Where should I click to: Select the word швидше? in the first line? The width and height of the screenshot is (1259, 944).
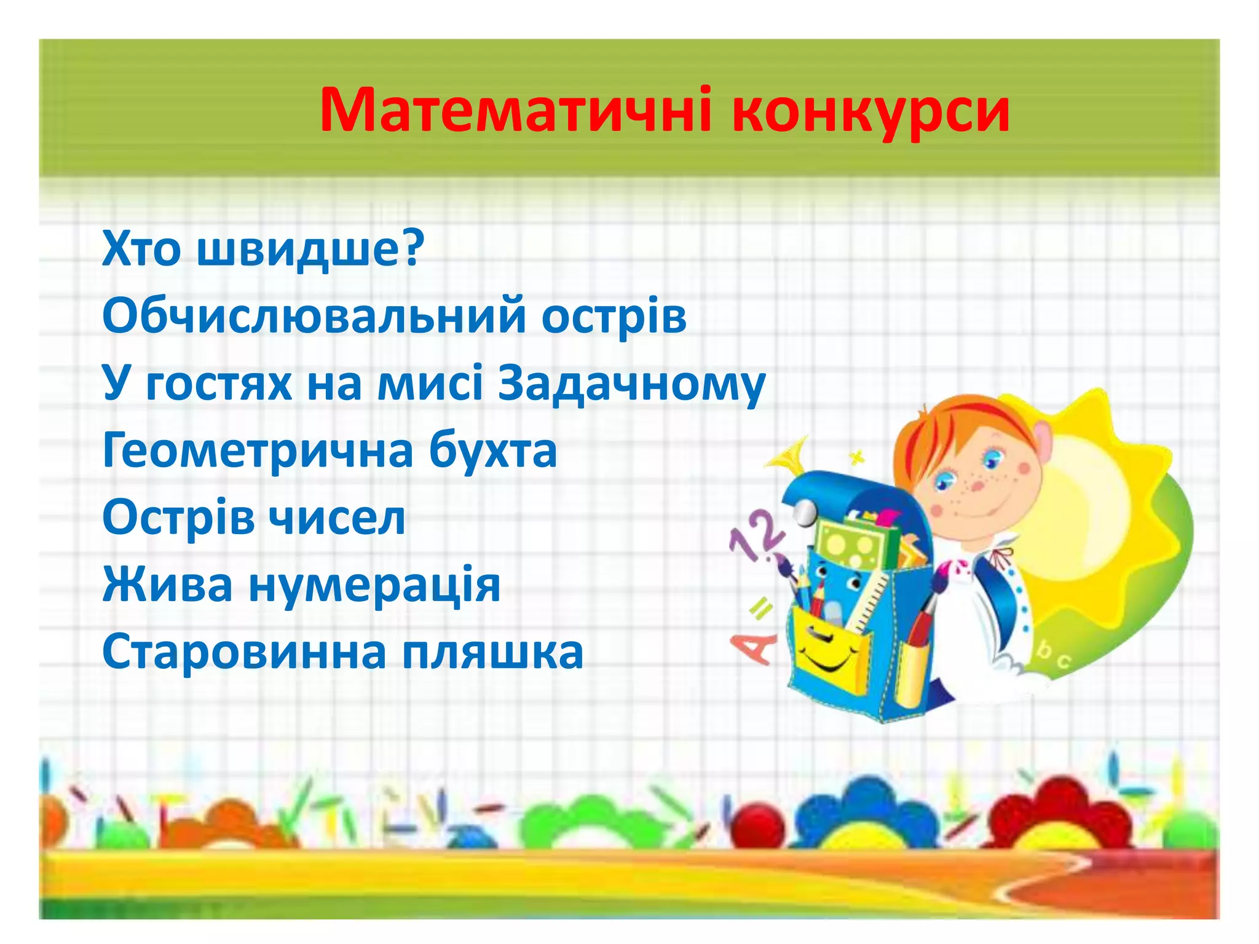[310, 249]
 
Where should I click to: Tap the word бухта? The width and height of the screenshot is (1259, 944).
[492, 450]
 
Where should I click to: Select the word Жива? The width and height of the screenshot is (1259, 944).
[168, 584]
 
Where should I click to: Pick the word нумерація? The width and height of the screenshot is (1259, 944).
[374, 586]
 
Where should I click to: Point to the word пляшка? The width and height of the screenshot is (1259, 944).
[492, 653]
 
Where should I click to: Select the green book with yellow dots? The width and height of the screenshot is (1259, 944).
[851, 544]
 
